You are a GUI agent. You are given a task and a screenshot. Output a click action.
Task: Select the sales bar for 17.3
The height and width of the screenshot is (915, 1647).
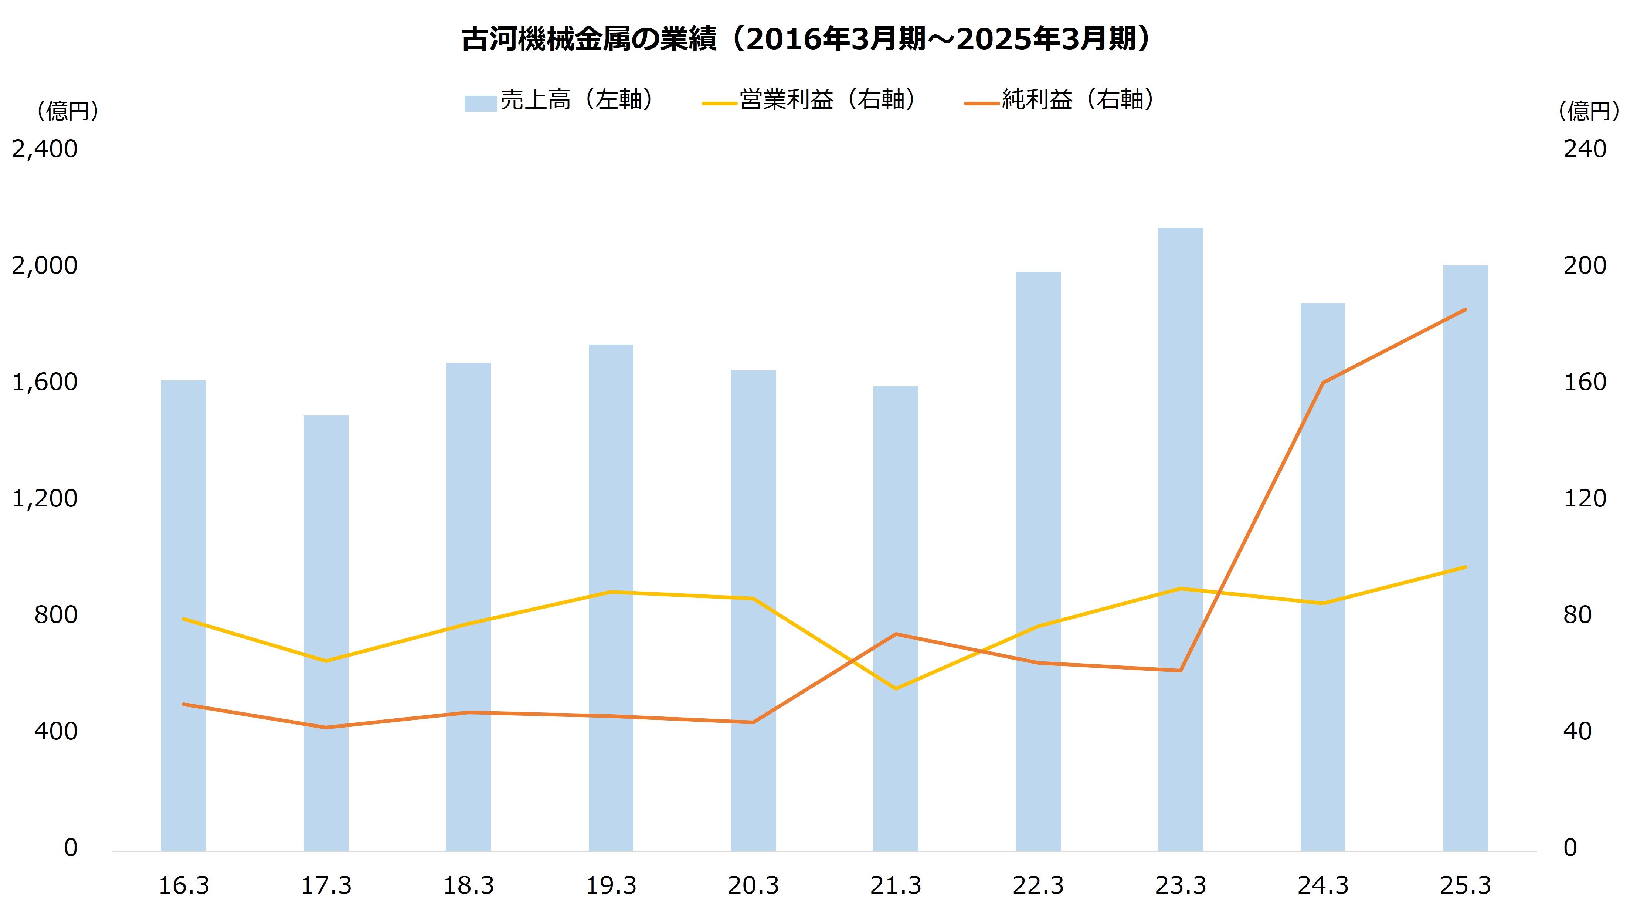pyautogui.click(x=326, y=633)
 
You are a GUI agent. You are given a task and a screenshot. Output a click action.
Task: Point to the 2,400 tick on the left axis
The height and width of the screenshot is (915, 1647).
pyautogui.click(x=45, y=149)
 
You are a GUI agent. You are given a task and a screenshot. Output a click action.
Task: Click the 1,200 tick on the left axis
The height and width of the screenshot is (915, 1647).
pyautogui.click(x=45, y=498)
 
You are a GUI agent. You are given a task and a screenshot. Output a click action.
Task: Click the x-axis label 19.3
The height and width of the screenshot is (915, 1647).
pyautogui.click(x=611, y=885)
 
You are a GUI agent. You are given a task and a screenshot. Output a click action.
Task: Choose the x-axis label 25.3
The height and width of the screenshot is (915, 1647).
pyautogui.click(x=1466, y=885)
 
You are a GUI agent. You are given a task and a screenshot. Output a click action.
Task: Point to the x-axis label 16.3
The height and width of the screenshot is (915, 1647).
pyautogui.click(x=183, y=885)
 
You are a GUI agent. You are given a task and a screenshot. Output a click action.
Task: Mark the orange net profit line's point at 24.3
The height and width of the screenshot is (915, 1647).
pyautogui.click(x=1323, y=382)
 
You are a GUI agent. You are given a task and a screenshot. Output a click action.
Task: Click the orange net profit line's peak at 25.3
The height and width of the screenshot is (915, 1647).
pyautogui.click(x=1466, y=309)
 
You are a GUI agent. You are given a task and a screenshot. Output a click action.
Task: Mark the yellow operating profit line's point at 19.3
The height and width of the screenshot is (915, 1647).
pyautogui.click(x=611, y=592)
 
